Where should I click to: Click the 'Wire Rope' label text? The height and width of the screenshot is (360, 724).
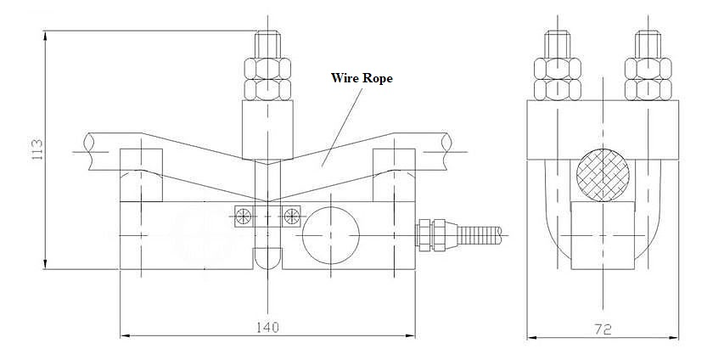coord(362,77)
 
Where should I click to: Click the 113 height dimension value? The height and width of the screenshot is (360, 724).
coord(36,151)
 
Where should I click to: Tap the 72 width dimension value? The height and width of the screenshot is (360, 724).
coord(602,328)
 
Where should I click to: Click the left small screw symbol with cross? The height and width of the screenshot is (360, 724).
coord(244,217)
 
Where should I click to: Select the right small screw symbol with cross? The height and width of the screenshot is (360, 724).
coord(292,217)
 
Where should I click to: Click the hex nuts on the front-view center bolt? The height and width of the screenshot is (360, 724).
coord(267,78)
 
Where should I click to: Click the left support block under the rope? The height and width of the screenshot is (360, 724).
coord(141,175)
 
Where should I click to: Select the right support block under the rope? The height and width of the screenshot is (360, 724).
coord(395,175)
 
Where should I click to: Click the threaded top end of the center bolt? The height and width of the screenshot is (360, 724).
coord(267,42)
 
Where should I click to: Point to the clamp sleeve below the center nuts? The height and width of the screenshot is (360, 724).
coord(267,127)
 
